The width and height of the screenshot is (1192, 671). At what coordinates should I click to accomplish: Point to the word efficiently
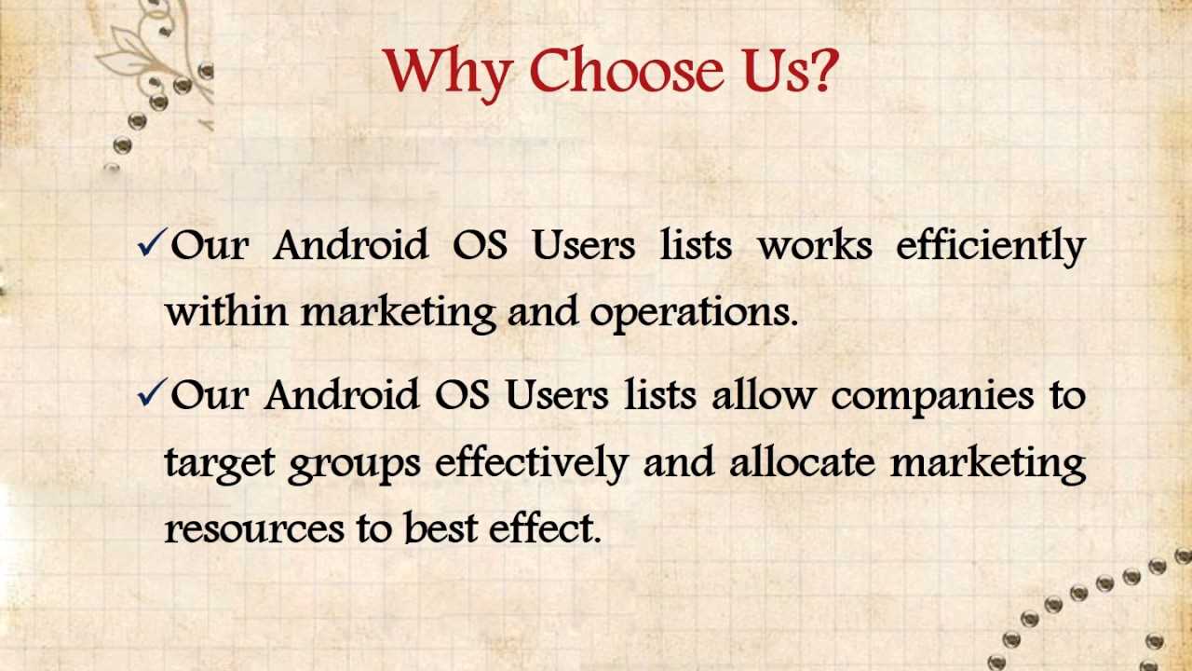click(x=991, y=247)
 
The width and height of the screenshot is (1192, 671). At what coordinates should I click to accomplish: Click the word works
click(x=815, y=245)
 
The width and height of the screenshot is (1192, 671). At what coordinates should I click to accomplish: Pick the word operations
click(x=694, y=314)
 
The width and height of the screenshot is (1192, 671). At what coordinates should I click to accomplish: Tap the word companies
click(x=932, y=398)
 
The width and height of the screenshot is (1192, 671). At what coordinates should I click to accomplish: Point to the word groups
click(x=354, y=465)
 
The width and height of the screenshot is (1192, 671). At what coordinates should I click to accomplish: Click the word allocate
click(x=803, y=461)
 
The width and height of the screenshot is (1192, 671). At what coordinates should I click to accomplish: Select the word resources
click(x=254, y=529)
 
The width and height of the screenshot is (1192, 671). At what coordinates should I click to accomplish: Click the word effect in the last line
click(x=545, y=527)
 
